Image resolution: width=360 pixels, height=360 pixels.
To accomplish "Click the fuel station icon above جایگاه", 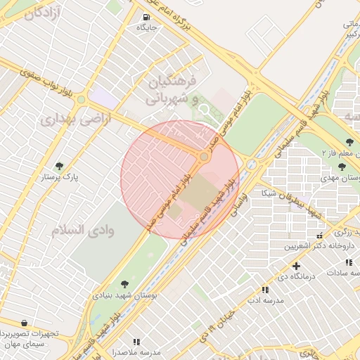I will [x=146, y=18].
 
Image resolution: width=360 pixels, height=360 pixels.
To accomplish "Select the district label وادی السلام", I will [x=77, y=229].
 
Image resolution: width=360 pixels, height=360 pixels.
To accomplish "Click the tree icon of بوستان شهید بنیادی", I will [x=124, y=284].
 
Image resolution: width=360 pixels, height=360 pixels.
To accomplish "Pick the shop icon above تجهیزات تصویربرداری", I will [x=25, y=323].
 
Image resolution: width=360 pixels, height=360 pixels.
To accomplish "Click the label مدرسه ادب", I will [x=264, y=301].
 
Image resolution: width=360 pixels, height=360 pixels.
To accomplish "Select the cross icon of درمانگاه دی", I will [x=296, y=266].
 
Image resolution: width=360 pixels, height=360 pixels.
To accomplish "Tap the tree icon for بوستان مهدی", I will [x=342, y=167].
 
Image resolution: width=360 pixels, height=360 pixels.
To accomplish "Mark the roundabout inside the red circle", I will [x=204, y=156].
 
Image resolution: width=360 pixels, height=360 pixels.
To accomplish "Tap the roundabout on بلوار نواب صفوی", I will [x=81, y=100].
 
